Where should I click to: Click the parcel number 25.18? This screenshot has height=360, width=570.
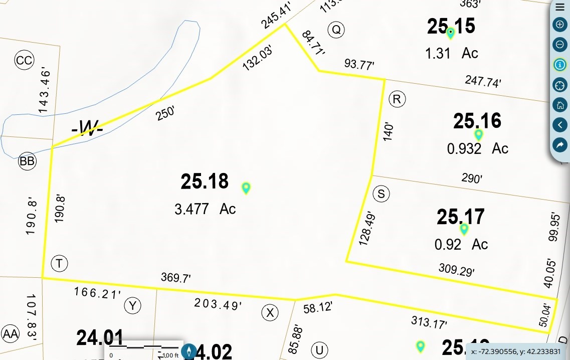tap(205, 182)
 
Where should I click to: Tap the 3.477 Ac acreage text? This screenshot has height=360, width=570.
tap(205, 209)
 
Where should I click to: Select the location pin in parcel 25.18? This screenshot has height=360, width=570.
tap(246, 188)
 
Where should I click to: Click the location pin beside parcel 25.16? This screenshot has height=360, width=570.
tap(478, 135)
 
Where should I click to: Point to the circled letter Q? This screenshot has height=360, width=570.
tap(336, 30)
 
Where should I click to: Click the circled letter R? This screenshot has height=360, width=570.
tap(397, 99)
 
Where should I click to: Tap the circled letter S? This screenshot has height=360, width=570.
tap(381, 194)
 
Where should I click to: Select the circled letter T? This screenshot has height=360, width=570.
tap(59, 263)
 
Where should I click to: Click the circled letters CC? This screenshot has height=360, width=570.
tap(24, 61)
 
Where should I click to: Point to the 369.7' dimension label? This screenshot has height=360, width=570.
tap(175, 277)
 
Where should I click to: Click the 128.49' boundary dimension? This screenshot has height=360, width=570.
tap(367, 228)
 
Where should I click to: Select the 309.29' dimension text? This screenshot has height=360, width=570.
tap(456, 270)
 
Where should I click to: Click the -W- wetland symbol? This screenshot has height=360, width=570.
tap(87, 129)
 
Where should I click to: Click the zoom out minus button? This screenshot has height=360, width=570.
tap(559, 45)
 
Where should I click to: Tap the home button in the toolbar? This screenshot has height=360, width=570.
tap(559, 105)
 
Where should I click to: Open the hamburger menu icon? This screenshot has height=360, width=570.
tap(559, 7)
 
